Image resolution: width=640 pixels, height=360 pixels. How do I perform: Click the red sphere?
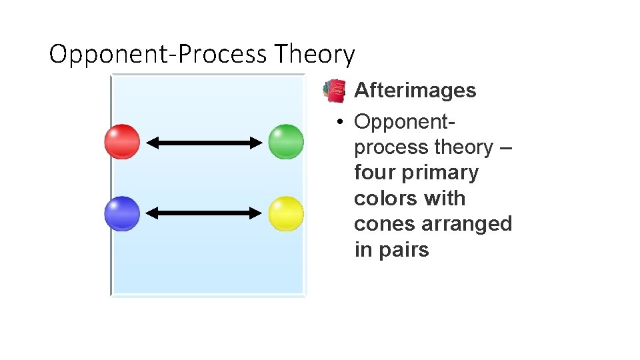point(123,142)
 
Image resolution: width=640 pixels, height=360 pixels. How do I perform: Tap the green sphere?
point(286,142)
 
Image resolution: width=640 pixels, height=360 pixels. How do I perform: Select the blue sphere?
point(123,213)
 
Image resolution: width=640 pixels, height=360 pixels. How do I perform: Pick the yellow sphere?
point(286,213)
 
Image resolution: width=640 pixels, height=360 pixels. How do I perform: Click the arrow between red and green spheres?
point(205,142)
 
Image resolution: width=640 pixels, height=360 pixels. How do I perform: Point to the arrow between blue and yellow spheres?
point(205,213)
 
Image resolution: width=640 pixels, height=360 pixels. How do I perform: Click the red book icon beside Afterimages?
point(334,91)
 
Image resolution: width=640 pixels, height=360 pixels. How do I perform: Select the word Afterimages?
point(415,91)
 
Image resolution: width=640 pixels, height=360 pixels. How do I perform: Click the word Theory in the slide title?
point(314,54)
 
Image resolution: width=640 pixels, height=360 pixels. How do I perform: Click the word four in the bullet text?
point(375,173)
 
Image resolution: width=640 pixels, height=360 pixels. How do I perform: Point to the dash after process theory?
point(505,147)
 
